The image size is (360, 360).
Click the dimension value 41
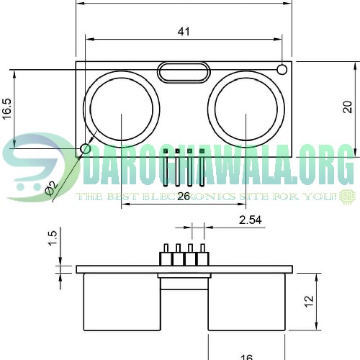pos(184,32)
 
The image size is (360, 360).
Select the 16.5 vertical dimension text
pos(7,109)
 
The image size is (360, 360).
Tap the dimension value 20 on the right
pos(347,107)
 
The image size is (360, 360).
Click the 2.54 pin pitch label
pos(249,220)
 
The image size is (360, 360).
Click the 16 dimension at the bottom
pos(246,356)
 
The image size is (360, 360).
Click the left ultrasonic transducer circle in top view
pos(122,109)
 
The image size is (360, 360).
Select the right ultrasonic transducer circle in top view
pos(246,109)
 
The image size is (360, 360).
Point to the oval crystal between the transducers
pos(184,71)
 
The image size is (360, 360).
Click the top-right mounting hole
pos(282,69)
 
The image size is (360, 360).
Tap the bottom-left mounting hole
pos(86,149)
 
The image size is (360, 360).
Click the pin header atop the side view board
pos(184,256)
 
